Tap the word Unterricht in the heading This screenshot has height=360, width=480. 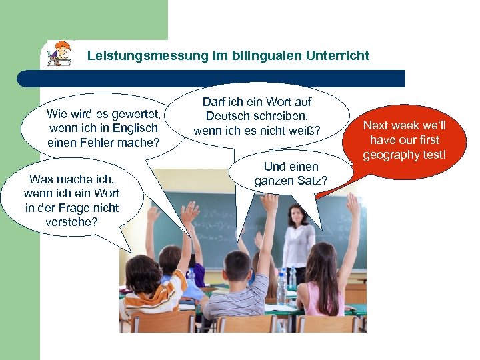pyautogui.click(x=337, y=56)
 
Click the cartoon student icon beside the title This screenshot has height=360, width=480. pyautogui.click(x=60, y=54)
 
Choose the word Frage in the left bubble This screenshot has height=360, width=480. pyautogui.click(x=73, y=208)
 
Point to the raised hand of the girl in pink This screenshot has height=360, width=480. pyautogui.click(x=352, y=203)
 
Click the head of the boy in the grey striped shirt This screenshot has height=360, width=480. pyautogui.click(x=238, y=265)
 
